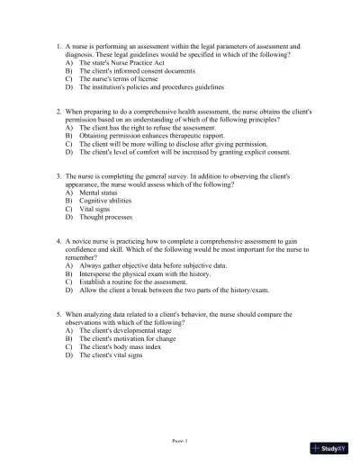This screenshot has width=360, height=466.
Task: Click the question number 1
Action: (57, 44)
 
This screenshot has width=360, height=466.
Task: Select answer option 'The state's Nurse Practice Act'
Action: (112, 63)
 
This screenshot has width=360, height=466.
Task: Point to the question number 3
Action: (57, 176)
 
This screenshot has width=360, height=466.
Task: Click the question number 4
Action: (57, 242)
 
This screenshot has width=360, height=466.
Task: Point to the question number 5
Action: (57, 315)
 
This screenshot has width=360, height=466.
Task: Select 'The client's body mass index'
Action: (115, 347)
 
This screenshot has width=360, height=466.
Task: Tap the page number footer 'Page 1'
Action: (179, 443)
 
